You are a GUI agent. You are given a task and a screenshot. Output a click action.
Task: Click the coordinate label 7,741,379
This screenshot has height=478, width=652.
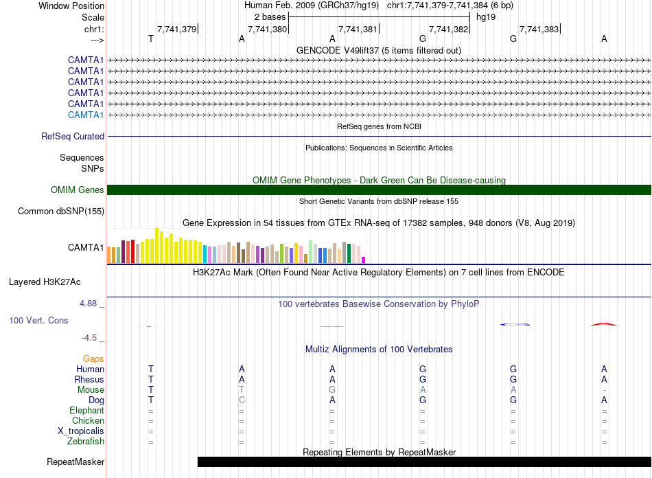pyautogui.click(x=177, y=29)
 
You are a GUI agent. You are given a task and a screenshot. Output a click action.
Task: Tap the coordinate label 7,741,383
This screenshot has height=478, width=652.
pyautogui.click(x=539, y=29)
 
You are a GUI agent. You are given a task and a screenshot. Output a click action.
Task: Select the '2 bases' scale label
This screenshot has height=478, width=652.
pyautogui.click(x=269, y=16)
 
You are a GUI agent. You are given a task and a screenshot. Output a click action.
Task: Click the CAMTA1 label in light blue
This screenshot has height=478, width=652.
pyautogui.click(x=86, y=115)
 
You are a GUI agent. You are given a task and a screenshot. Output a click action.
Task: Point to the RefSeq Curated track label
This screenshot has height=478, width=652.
pyautogui.click(x=73, y=137)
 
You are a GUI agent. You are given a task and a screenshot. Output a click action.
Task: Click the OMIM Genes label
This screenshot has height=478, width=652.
pyautogui.click(x=78, y=190)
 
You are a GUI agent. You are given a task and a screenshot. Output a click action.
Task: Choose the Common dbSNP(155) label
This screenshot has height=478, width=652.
pyautogui.click(x=61, y=212)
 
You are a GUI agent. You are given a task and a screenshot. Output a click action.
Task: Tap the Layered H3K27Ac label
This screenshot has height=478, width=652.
pyautogui.click(x=45, y=282)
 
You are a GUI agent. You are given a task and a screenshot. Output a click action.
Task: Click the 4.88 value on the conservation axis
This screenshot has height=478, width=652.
pyautogui.click(x=91, y=302)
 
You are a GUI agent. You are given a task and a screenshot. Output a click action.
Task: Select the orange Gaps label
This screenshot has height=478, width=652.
pyautogui.click(x=93, y=358)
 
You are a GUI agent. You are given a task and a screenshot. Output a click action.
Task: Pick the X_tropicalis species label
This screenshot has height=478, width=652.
pyautogui.click(x=81, y=431)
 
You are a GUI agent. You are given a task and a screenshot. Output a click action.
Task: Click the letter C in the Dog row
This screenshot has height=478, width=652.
pyautogui.click(x=242, y=400)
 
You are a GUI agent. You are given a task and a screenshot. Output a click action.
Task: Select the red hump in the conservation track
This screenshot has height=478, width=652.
pyautogui.click(x=604, y=323)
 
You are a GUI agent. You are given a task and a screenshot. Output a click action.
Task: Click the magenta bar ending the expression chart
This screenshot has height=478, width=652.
pyautogui.click(x=364, y=260)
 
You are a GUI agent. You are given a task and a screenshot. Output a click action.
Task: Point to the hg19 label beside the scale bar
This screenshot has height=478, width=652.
pyautogui.click(x=486, y=16)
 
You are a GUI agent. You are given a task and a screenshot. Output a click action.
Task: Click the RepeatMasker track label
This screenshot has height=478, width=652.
pyautogui.click(x=75, y=462)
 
